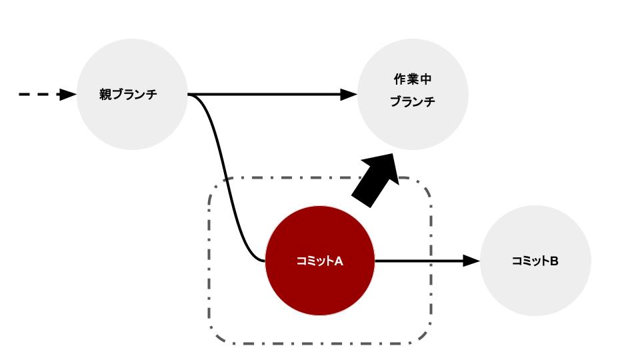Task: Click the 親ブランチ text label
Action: (x=128, y=95)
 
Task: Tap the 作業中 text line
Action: (x=413, y=79)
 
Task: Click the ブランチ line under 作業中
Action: (x=413, y=102)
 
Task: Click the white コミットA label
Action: (x=319, y=261)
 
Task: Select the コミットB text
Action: (x=535, y=261)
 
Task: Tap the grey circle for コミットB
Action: (x=535, y=290)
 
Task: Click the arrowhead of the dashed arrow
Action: (x=68, y=95)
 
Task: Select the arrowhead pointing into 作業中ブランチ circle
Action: (x=349, y=95)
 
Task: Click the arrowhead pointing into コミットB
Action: (x=472, y=261)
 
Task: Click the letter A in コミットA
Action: (x=338, y=261)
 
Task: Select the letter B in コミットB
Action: (x=554, y=261)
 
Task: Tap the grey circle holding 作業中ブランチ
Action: (x=413, y=130)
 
